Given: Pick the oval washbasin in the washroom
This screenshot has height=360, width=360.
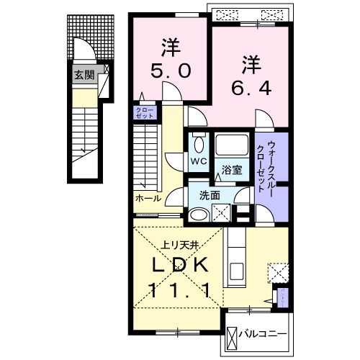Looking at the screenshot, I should click(198, 213).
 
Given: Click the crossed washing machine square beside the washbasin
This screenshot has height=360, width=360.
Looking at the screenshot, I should click(221, 213).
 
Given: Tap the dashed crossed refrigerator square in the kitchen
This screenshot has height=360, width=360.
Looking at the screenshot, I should click(277, 272).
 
